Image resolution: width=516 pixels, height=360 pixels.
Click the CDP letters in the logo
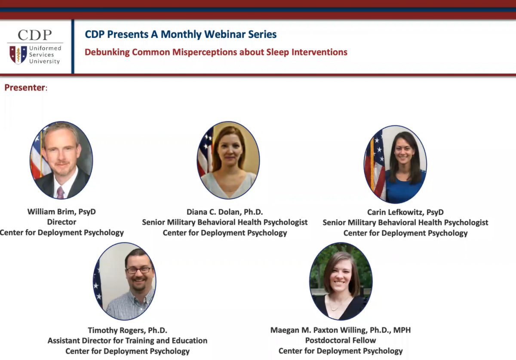click(35, 35)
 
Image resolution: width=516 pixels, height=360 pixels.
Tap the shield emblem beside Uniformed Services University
click(18, 55)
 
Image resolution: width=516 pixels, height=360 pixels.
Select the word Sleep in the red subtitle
click(278, 52)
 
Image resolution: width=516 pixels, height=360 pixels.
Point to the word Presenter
click(25, 88)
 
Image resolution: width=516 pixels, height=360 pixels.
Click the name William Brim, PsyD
click(61, 212)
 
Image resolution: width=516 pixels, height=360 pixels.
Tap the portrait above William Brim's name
click(61, 160)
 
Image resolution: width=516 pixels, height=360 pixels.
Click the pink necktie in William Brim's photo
click(61, 192)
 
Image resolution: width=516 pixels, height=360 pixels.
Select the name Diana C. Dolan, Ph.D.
click(224, 212)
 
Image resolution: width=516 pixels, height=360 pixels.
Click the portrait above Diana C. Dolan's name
click(228, 160)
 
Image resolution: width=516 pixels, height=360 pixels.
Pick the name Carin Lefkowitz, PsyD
click(405, 212)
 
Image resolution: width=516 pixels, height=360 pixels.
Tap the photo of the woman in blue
click(395, 165)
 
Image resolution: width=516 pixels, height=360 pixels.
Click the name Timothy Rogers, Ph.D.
click(127, 330)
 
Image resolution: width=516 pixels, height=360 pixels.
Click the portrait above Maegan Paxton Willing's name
click(341, 281)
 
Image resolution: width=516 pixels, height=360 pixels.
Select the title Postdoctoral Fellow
click(341, 340)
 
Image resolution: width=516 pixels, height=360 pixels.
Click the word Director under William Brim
click(61, 222)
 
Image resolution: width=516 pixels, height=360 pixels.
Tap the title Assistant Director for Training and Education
click(127, 341)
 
